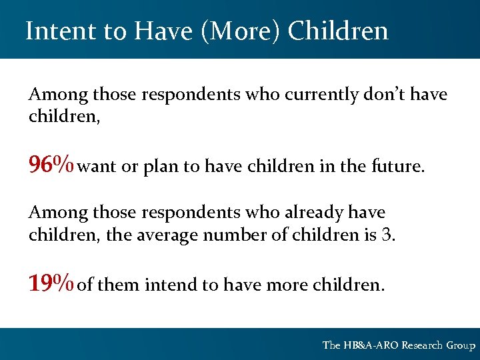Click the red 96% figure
(x=51, y=164)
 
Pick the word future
(x=397, y=167)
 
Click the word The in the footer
(x=331, y=345)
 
